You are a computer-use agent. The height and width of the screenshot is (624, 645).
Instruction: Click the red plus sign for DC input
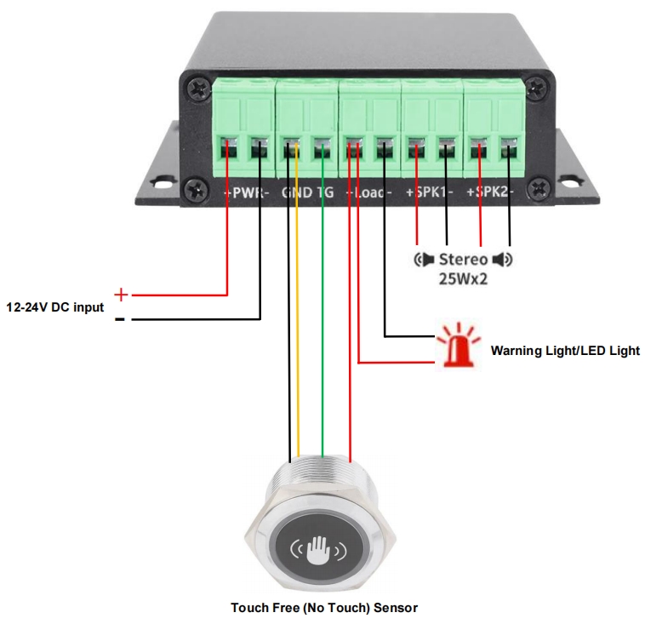(x=121, y=295)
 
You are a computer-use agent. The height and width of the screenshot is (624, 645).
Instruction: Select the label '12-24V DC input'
(x=55, y=307)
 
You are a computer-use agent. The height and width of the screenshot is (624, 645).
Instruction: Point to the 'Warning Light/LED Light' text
(x=565, y=350)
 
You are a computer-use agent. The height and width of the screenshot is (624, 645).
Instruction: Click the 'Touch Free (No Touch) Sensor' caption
(x=324, y=608)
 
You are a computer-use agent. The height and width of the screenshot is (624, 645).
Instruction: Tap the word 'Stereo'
(x=463, y=259)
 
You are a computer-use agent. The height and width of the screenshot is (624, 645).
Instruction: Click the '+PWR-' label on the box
(x=247, y=192)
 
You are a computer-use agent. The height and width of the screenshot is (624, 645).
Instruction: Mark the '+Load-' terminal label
(x=369, y=192)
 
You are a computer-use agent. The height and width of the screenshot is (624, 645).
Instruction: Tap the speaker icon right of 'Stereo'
(x=503, y=259)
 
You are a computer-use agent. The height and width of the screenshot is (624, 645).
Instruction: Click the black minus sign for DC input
(x=120, y=320)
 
